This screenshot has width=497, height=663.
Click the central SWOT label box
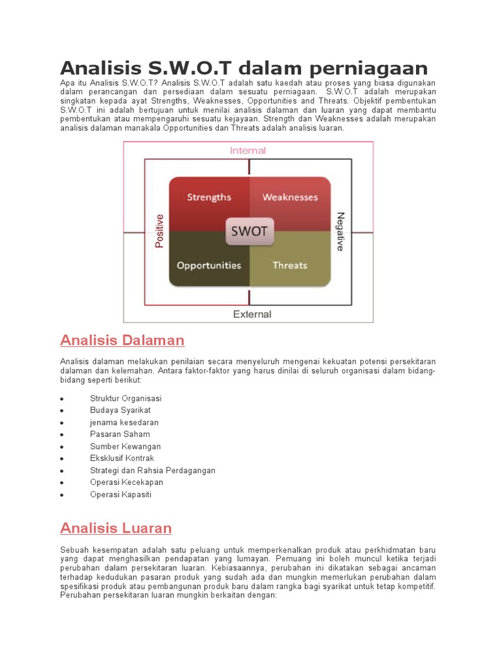pos(250,231)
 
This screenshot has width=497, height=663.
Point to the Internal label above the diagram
pos(248,150)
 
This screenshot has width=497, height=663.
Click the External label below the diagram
pos(252,315)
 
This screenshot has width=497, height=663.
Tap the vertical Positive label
pos(160,231)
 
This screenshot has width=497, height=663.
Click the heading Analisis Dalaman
pos(122,340)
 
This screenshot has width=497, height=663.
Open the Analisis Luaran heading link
pos(116,528)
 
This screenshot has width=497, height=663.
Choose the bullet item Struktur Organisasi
pos(126,398)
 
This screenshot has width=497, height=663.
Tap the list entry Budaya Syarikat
pos(120,410)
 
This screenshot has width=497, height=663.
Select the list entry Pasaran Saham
pos(120,434)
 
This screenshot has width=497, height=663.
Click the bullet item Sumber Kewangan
pos(126,447)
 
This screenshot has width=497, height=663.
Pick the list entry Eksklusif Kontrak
pos(122,458)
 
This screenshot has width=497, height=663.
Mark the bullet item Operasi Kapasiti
pos(122,495)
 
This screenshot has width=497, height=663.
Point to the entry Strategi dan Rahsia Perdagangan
pos(153,471)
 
